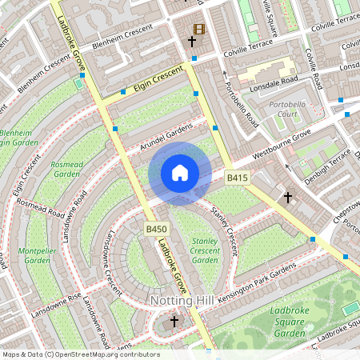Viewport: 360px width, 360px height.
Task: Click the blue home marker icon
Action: click(x=180, y=172)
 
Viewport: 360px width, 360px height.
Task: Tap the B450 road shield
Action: click(x=156, y=230)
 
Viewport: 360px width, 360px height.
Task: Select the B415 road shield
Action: click(x=236, y=177)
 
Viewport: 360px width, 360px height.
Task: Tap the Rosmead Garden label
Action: click(x=66, y=168)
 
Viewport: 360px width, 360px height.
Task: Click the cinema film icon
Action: click(x=198, y=30)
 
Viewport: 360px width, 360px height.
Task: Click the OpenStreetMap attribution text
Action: click(x=80, y=354)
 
